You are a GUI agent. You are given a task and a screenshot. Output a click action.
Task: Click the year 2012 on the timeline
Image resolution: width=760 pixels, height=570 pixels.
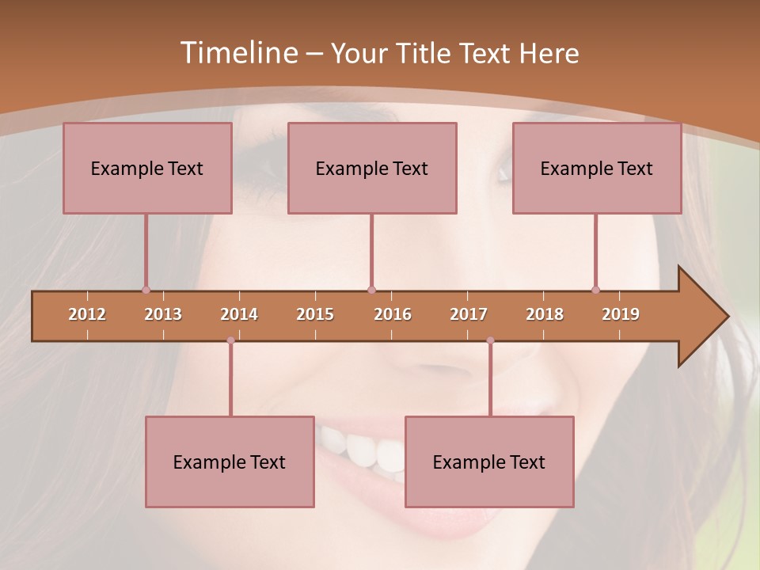[87, 314]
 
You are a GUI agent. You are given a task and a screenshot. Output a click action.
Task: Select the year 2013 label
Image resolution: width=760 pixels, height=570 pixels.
[163, 314]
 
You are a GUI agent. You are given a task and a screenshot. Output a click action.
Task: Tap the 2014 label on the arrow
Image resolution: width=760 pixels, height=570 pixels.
[239, 314]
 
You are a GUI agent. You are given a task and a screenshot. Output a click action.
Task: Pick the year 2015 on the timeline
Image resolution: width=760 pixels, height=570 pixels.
[315, 314]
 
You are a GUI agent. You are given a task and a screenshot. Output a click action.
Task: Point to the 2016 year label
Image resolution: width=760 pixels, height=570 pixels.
[393, 314]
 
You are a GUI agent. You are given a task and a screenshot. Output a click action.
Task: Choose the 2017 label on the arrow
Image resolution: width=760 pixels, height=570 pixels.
[469, 314]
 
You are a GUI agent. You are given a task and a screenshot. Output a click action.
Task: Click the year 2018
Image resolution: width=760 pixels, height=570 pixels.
[545, 314]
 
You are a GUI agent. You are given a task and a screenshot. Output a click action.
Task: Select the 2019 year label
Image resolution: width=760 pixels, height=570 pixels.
[621, 314]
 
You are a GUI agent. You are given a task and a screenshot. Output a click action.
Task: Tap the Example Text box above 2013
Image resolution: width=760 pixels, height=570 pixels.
[147, 168]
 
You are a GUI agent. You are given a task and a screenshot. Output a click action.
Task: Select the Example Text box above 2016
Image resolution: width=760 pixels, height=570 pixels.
[372, 168]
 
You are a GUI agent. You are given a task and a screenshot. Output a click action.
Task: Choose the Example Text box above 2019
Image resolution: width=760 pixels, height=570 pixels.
[597, 168]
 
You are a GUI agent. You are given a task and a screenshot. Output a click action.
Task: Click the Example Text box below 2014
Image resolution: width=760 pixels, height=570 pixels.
[230, 462]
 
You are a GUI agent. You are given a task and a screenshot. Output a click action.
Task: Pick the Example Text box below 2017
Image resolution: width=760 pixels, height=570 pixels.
[489, 462]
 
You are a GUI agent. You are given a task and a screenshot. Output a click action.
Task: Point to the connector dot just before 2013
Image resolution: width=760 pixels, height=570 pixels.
[146, 290]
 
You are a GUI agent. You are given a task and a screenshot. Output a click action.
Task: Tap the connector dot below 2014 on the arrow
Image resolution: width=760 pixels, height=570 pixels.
[230, 340]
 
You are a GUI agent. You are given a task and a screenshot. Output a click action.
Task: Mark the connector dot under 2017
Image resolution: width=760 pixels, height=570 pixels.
[490, 340]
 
